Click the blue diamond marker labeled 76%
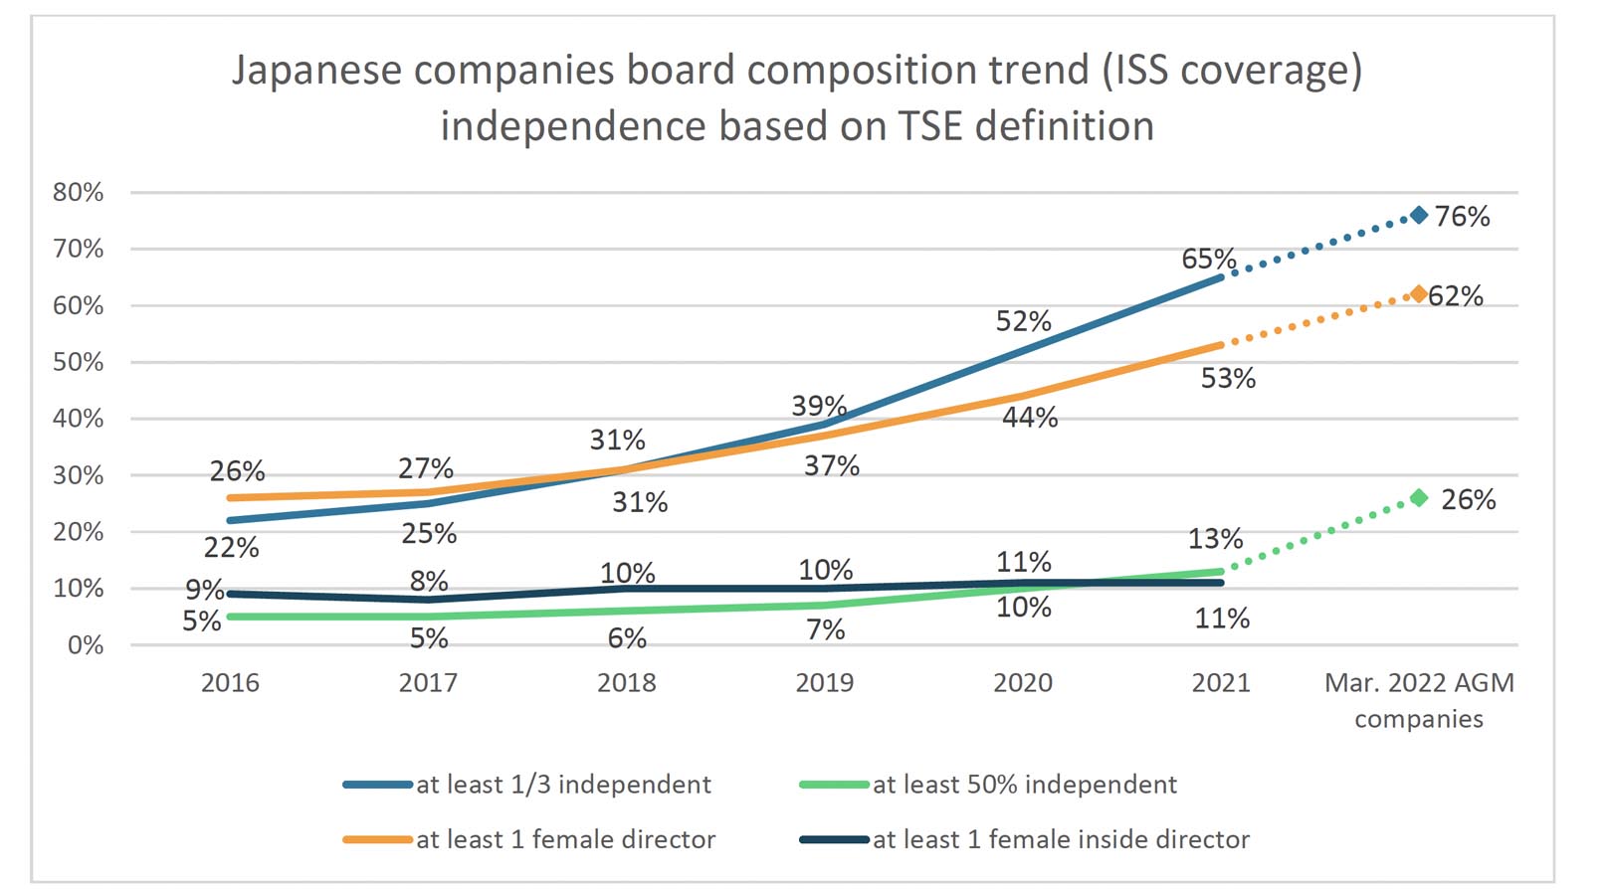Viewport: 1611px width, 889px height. (x=1419, y=215)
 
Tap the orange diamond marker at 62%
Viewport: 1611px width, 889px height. (x=1419, y=294)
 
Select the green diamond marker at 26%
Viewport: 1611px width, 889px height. (x=1419, y=497)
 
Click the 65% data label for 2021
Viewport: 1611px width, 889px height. (x=1208, y=259)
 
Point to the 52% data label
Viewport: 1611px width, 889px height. (x=1023, y=321)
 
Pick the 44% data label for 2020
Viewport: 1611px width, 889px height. (x=1029, y=417)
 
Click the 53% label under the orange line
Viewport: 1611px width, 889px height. (x=1228, y=378)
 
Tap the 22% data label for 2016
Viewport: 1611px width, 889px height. (x=231, y=547)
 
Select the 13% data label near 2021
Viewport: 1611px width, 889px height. (x=1215, y=539)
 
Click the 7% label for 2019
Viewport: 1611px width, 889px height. (x=825, y=629)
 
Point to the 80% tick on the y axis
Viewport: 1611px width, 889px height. (x=78, y=192)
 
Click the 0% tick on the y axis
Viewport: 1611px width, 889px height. (x=85, y=645)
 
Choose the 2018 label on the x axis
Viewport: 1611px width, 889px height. (x=626, y=682)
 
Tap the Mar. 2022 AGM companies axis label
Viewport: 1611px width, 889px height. (x=1418, y=700)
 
